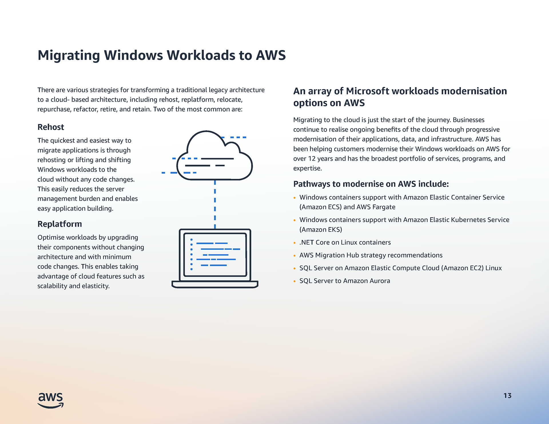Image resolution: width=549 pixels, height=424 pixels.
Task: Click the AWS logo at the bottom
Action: click(51, 400)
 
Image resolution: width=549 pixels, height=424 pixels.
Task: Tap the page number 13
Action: click(507, 396)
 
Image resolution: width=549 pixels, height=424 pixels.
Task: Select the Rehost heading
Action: click(51, 127)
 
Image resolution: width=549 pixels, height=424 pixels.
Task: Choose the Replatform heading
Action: click(60, 224)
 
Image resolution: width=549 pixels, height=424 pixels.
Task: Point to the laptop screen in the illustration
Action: click(215, 255)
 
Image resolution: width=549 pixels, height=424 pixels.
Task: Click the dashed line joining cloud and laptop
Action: click(215, 204)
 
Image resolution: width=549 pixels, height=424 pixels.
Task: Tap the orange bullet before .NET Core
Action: click(295, 243)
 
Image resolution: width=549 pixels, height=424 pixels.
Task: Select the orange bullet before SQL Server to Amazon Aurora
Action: click(295, 281)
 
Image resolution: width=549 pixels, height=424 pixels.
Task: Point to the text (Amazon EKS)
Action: click(321, 230)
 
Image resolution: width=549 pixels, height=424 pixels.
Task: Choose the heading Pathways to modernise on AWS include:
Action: click(371, 184)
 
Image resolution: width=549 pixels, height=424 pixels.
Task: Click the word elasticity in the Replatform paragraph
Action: click(96, 286)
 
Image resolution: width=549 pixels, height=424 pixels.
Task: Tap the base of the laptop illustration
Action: click(215, 285)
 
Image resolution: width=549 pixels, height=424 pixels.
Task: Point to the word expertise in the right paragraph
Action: click(307, 168)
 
